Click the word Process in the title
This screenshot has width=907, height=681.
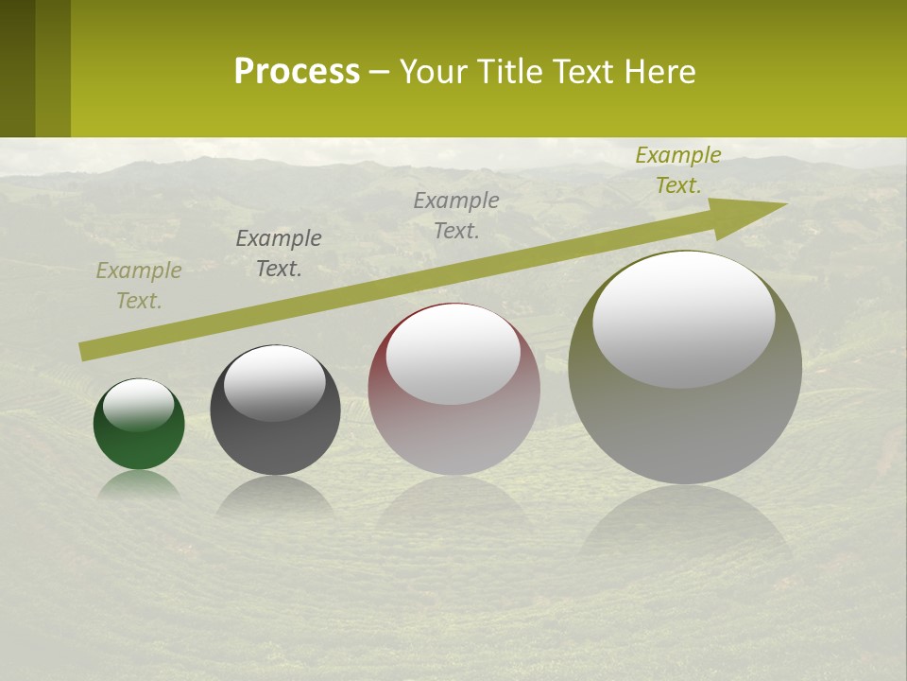pos(297,72)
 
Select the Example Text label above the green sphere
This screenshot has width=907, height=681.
pos(139,286)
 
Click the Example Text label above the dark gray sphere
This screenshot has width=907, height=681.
pos(279,253)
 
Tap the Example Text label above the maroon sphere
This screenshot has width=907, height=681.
pos(456,216)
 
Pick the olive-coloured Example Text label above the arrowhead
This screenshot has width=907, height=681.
pos(678,170)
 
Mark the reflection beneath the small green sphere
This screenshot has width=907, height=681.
pos(139,484)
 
